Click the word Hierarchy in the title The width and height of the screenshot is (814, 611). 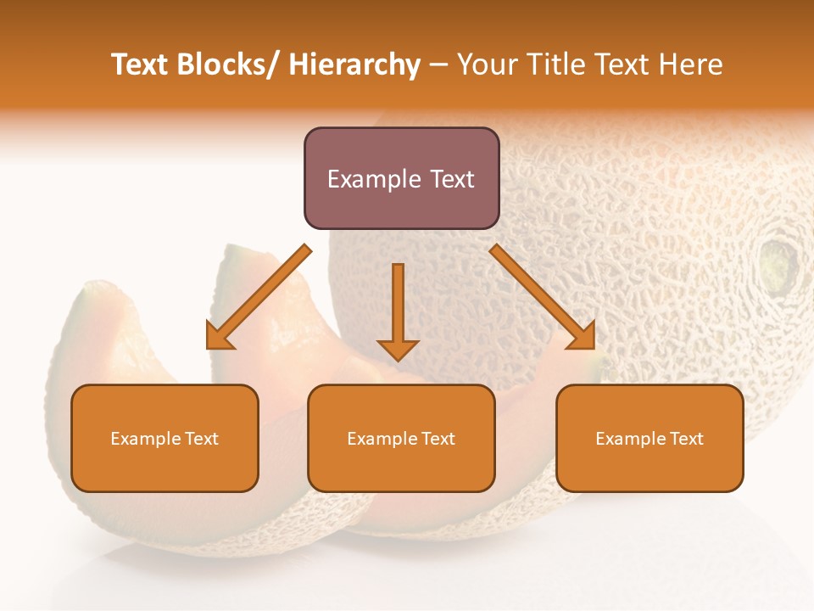coord(354,65)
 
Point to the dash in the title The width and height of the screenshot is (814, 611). coord(438,66)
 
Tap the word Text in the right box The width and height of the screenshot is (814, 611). coord(687,439)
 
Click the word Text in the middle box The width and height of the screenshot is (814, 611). coord(438,439)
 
